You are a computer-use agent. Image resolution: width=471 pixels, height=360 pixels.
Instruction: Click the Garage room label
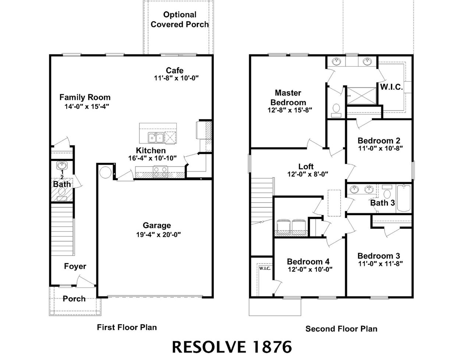coord(157,225)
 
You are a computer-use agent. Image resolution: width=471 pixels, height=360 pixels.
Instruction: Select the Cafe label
coord(174,70)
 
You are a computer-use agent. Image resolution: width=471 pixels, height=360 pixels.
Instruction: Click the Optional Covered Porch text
coord(180,19)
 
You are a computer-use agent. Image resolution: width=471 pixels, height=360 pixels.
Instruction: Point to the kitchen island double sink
coord(156,138)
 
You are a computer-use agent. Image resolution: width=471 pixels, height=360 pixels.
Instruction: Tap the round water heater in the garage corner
coord(105,172)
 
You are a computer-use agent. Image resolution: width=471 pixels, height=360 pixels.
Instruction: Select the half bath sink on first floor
coord(62,165)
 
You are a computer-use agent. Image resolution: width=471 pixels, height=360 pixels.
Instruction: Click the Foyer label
coord(75,266)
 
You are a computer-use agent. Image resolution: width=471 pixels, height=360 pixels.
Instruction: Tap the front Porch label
coord(74,299)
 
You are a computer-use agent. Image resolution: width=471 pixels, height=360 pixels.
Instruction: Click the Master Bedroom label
coord(288,97)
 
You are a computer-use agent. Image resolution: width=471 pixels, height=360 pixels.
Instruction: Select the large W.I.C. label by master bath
coord(391,88)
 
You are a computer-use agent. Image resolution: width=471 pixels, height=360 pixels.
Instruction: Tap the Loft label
coord(306,167)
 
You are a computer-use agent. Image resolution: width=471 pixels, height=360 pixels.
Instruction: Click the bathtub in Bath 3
coord(404,199)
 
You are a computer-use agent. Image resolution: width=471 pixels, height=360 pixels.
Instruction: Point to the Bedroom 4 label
coord(308,261)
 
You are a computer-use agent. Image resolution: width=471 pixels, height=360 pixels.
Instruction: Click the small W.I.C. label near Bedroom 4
coord(265,268)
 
